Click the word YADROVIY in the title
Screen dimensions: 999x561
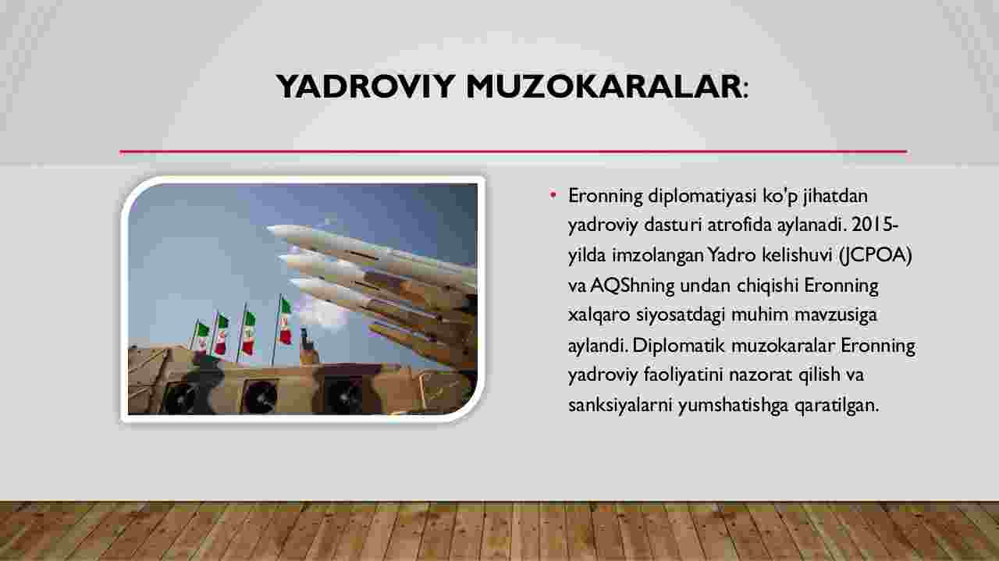click(x=365, y=86)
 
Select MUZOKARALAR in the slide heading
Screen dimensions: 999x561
click(x=604, y=86)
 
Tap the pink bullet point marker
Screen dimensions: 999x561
click(x=553, y=194)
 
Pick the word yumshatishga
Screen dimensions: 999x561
click(x=733, y=406)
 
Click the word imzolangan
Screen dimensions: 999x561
click(x=658, y=256)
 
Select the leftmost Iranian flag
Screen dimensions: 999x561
click(x=202, y=337)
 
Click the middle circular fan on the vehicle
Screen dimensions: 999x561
click(x=260, y=396)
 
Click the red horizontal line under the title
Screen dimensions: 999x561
click(x=514, y=152)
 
